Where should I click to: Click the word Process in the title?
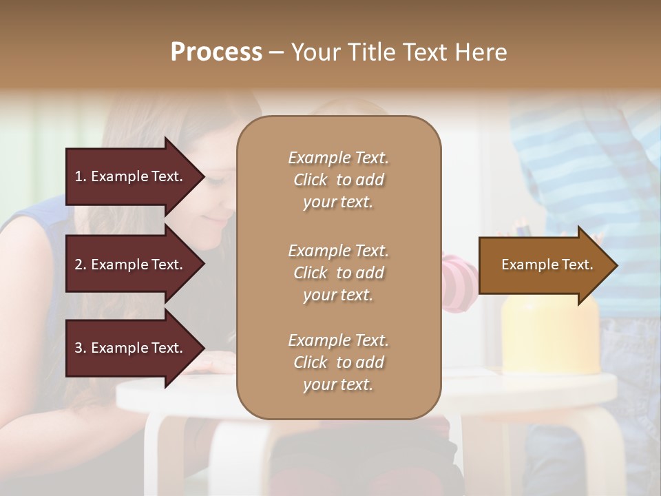click(216, 52)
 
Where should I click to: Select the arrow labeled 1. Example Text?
click(131, 176)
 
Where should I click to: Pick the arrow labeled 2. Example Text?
click(131, 265)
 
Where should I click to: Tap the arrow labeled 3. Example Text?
click(131, 348)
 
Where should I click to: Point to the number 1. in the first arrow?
click(81, 176)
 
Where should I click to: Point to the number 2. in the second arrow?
click(81, 265)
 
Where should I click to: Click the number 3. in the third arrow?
click(81, 348)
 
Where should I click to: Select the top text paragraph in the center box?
click(338, 180)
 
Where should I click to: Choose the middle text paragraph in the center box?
click(338, 273)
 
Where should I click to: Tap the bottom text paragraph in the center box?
click(338, 362)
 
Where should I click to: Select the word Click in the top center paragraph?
click(311, 180)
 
